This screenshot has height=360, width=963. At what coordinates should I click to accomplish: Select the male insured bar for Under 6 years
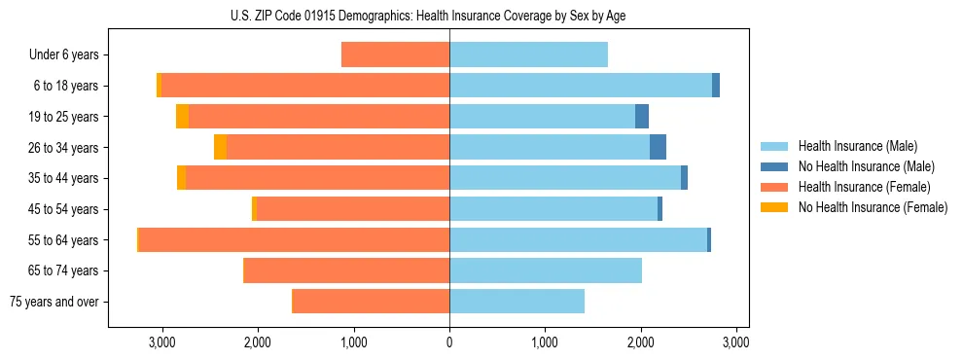click(528, 54)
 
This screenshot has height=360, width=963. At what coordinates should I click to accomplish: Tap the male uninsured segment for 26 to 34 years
click(658, 147)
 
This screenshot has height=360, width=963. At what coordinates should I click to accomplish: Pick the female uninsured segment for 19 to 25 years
click(182, 117)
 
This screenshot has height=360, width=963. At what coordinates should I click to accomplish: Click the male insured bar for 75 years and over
click(517, 302)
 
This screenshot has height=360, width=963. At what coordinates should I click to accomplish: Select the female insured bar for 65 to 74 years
click(346, 270)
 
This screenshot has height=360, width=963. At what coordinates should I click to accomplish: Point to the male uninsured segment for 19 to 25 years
click(642, 117)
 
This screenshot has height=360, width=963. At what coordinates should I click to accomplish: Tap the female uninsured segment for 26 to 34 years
click(220, 147)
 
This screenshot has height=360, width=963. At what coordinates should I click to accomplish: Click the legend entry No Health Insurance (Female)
click(873, 207)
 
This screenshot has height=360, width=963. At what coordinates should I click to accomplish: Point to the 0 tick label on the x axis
click(449, 342)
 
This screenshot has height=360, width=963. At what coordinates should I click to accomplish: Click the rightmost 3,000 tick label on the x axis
click(736, 342)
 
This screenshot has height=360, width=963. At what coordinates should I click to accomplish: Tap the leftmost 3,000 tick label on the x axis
click(161, 342)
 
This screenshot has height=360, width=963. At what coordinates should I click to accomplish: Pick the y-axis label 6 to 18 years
click(65, 86)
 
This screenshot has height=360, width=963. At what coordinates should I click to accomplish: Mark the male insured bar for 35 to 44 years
click(565, 178)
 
